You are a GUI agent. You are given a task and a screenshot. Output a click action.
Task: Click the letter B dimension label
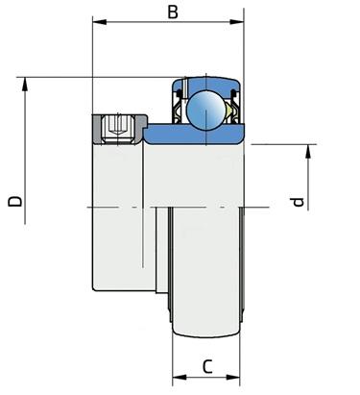173,12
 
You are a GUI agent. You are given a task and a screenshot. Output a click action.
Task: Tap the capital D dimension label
15,201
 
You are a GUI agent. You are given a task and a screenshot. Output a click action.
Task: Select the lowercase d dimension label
298,202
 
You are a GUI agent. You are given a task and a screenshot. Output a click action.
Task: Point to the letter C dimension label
207,366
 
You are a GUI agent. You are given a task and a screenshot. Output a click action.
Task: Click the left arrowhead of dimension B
99,22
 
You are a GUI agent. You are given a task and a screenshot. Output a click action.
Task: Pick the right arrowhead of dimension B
237,22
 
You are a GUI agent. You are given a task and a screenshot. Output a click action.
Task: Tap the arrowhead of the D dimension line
25,85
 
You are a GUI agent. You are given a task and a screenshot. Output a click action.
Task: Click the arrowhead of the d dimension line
308,152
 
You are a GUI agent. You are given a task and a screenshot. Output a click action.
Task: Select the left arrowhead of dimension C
180,377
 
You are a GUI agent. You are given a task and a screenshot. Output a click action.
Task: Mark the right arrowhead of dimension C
233,377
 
